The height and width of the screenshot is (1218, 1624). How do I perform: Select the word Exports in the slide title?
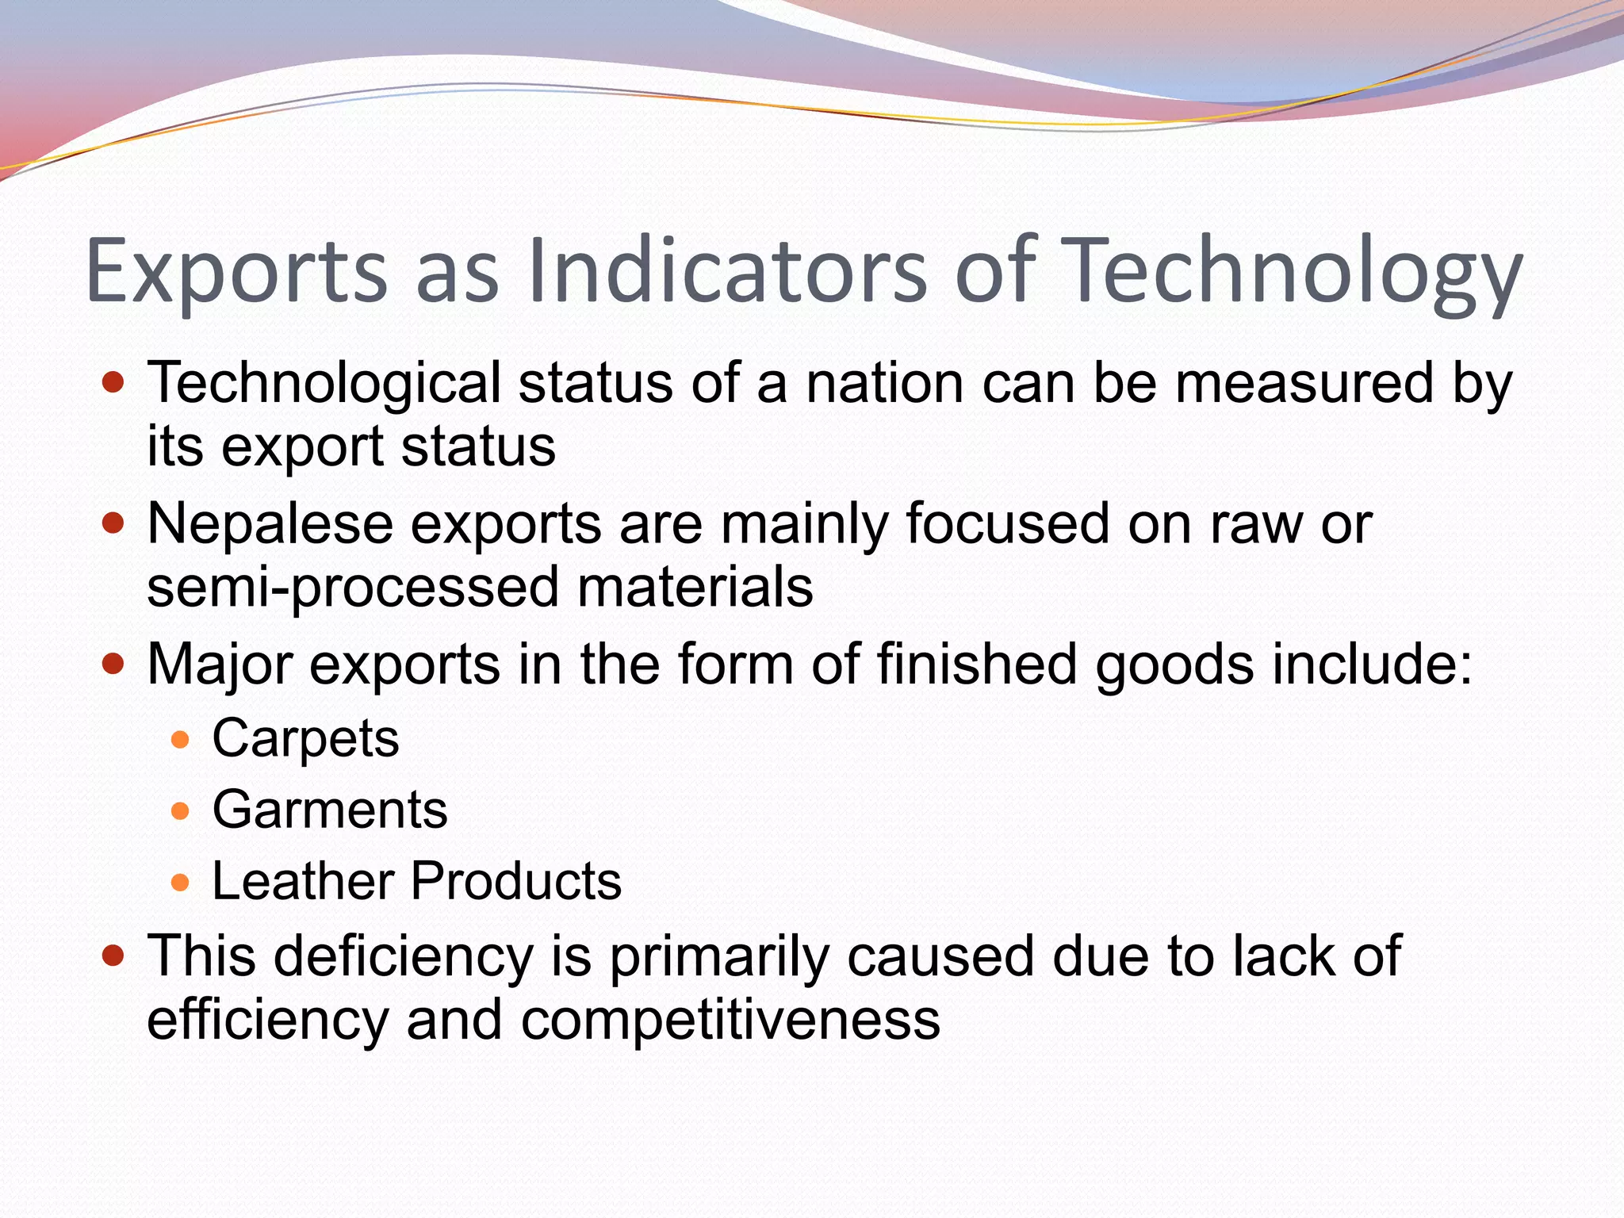(236, 271)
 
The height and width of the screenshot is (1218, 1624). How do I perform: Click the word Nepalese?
(270, 524)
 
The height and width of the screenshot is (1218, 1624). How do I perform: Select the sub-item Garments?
(330, 810)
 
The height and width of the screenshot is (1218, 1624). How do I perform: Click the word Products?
(516, 881)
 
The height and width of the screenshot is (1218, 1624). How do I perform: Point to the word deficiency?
(404, 956)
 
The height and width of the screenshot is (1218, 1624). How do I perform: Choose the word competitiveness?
(730, 1020)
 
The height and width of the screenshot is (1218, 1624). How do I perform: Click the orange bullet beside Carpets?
(181, 741)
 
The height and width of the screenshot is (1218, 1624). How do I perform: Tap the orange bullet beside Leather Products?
(181, 883)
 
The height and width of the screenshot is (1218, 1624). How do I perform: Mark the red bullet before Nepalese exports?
(114, 524)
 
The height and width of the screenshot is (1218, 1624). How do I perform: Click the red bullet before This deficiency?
(114, 956)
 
